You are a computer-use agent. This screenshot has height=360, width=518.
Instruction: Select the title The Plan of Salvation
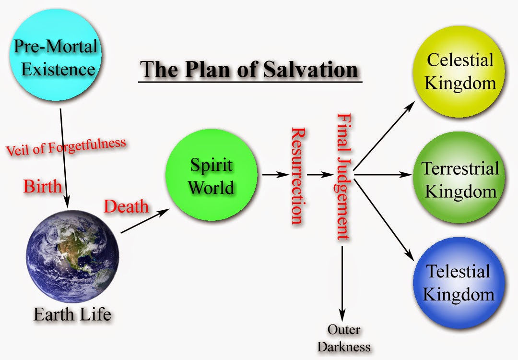249,69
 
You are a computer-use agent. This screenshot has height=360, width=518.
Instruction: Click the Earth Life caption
72,314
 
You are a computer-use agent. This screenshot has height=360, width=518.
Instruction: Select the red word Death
126,206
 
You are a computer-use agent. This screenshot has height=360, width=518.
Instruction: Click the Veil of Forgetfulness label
66,146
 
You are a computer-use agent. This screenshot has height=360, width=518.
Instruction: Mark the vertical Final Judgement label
343,176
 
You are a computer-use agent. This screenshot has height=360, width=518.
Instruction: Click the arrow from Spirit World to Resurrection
275,175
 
